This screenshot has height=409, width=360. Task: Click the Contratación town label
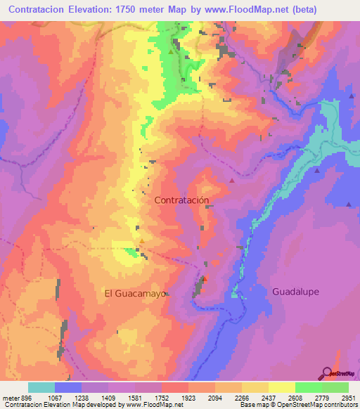(x=181, y=200)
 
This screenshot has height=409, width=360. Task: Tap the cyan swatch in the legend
(x=41, y=387)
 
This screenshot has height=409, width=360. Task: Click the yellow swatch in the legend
(x=282, y=387)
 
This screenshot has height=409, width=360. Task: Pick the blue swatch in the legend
(x=68, y=387)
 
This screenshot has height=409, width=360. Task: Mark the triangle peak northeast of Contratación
(x=231, y=181)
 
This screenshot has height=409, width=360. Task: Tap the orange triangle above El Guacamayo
(x=142, y=242)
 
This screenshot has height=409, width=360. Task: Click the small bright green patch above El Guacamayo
(x=131, y=249)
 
